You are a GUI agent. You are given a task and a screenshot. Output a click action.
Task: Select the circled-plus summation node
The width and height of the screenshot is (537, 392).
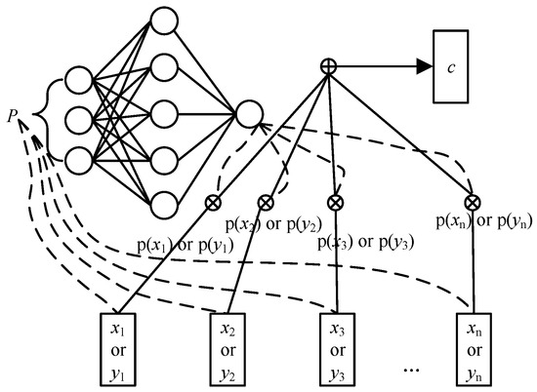point(329,67)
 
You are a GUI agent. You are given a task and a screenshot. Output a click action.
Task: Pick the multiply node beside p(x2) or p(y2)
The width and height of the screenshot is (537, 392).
point(264,203)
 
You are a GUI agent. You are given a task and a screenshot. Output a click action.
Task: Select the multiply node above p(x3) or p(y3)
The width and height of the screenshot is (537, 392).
point(336,203)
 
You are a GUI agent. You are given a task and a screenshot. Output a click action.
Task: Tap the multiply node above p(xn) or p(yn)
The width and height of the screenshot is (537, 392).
point(473,203)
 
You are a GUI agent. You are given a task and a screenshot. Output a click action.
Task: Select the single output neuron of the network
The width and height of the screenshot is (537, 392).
point(248,113)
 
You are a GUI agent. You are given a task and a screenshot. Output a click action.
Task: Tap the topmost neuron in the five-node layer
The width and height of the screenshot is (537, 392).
point(164,23)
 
